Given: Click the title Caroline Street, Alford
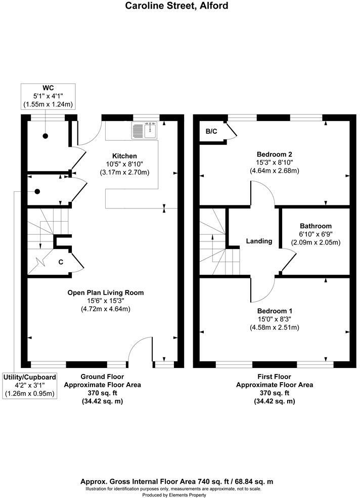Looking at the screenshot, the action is (x=177, y=6).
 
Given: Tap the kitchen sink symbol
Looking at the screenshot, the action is (x=145, y=131).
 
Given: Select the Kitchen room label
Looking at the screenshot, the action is (x=124, y=155).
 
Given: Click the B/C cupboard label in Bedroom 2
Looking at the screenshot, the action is (x=211, y=132).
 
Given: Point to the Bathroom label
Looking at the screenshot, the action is (x=316, y=226).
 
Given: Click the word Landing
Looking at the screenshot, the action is (x=259, y=241).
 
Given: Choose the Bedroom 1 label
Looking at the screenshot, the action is (x=275, y=311).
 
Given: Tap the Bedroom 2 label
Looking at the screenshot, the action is (x=275, y=154).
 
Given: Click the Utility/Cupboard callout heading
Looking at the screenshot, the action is (x=29, y=377).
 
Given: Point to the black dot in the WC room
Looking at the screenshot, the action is (x=45, y=136).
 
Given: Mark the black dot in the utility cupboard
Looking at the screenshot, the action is (x=37, y=191).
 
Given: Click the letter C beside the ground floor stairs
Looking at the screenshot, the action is (x=61, y=262).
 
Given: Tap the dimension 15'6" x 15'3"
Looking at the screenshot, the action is (x=106, y=301).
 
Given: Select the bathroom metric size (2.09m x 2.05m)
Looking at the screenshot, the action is (x=316, y=242).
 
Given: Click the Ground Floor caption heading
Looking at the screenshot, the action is (x=102, y=377).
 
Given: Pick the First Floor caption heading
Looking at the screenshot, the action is (x=275, y=377).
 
